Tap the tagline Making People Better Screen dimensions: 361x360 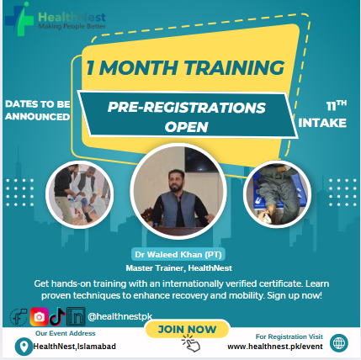72,26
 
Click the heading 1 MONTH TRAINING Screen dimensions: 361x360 185,67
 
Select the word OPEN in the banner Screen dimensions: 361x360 187,127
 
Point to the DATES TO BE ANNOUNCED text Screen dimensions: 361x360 38,110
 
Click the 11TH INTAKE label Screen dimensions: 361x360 322,114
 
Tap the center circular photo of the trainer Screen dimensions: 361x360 178,192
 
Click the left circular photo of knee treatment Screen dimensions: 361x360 80,194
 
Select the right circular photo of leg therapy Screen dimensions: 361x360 277,194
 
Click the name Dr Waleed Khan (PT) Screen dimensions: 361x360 178,255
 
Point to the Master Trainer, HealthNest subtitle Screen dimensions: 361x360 179,268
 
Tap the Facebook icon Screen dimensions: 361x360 19,317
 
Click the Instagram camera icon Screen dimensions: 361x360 39,317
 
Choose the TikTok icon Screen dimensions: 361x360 57,316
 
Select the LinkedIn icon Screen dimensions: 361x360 76,317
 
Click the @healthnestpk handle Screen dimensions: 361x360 119,316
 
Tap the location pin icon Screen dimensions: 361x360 24,347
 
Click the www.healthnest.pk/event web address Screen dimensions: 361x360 275,347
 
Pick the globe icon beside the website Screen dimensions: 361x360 339,343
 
